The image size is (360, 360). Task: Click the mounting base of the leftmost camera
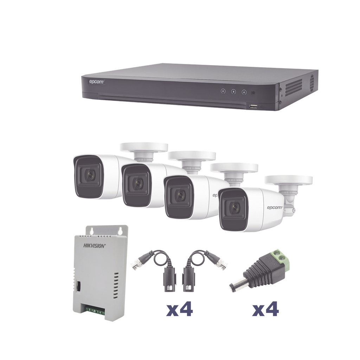[143, 148]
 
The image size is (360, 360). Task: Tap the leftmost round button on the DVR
[223, 91]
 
